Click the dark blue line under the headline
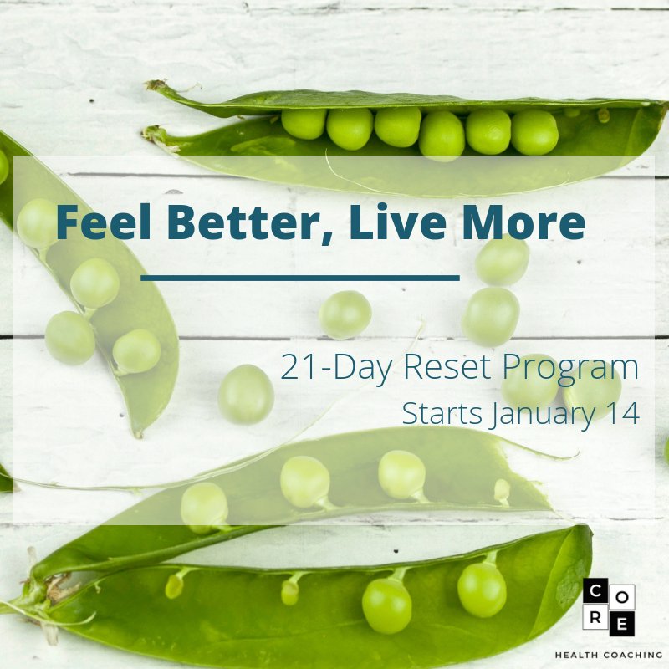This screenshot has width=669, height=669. (x=300, y=277)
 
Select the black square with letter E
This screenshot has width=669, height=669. (x=623, y=623)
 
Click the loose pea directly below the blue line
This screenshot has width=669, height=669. (x=345, y=314)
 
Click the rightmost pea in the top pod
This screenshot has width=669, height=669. (x=534, y=132)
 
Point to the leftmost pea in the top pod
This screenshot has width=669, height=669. (x=304, y=123)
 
